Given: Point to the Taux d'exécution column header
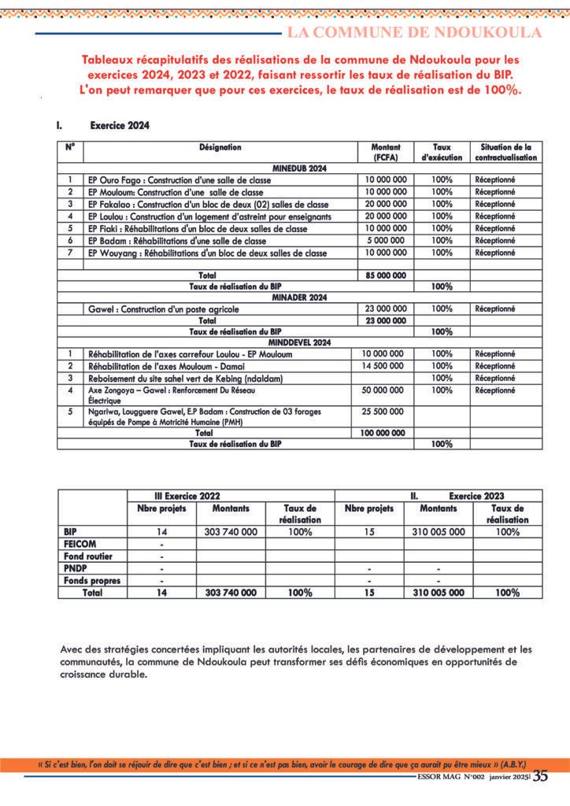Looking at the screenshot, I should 442,152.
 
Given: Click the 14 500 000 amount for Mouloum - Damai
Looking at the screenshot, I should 383,366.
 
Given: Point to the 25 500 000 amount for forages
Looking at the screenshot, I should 383,411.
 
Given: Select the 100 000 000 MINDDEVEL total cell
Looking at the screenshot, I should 383,433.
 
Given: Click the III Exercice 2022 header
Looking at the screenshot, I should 187,497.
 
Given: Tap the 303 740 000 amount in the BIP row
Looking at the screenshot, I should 231,532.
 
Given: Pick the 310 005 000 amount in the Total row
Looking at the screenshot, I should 439,593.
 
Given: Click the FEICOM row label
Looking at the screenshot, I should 80,545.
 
